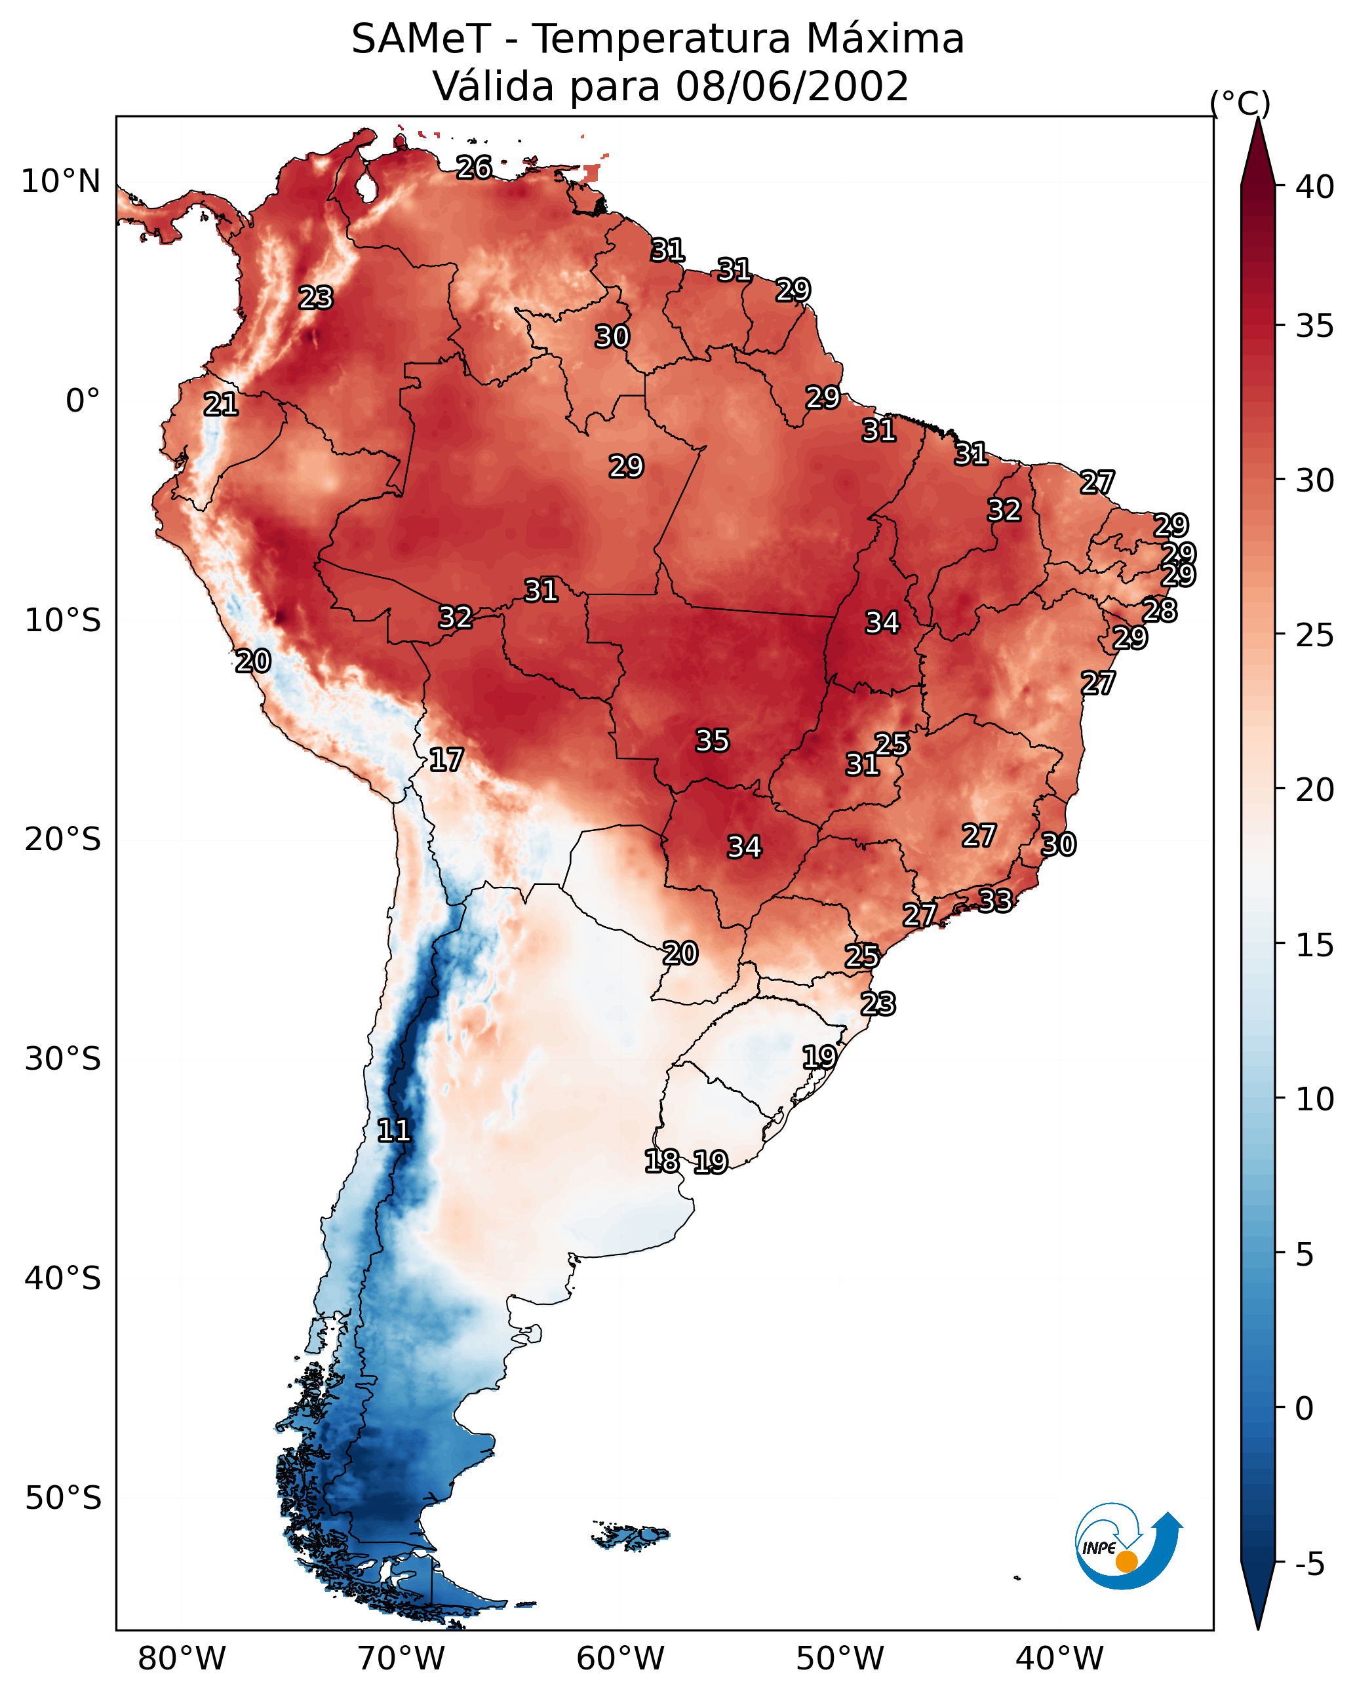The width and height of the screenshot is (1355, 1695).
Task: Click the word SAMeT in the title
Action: pos(421,39)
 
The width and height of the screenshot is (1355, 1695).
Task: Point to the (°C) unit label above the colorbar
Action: pos(1240,103)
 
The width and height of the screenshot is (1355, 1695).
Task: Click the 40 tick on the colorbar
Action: pos(1315,187)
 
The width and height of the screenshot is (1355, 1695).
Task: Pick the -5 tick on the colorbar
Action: pos(1310,1564)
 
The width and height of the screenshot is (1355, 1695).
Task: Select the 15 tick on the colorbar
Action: pos(1315,945)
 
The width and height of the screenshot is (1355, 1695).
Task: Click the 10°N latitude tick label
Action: pos(60,182)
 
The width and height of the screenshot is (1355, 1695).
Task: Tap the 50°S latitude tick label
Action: pos(63,1498)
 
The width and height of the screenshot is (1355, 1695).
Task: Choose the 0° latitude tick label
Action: pos(83,401)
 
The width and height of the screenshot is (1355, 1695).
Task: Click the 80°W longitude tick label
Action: pos(182,1659)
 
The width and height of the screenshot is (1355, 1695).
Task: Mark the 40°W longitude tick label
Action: pos(1059,1659)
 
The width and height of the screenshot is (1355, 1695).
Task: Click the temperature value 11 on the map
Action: pos(394,1131)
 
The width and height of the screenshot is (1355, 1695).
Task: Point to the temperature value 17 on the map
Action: pos(446,760)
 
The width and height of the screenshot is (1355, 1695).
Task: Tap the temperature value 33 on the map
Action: pos(995,900)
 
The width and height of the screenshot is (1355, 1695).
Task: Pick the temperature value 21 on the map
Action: pos(221,405)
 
